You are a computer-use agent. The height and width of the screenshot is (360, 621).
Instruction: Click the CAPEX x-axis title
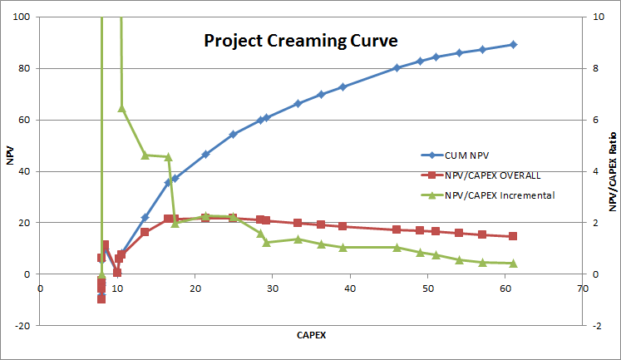pos(312,336)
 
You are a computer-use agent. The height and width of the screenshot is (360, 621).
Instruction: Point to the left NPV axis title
pos(10,155)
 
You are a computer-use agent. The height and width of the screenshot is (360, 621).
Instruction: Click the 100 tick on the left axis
pos(21,17)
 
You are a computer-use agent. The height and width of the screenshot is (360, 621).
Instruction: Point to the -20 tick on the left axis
pos(22,326)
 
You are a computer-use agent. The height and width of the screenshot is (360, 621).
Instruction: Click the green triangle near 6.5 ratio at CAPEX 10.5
pos(121,108)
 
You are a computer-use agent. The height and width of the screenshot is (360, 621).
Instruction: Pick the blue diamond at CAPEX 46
pos(397,68)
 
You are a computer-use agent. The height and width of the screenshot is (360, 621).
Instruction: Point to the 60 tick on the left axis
pos(24,120)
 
